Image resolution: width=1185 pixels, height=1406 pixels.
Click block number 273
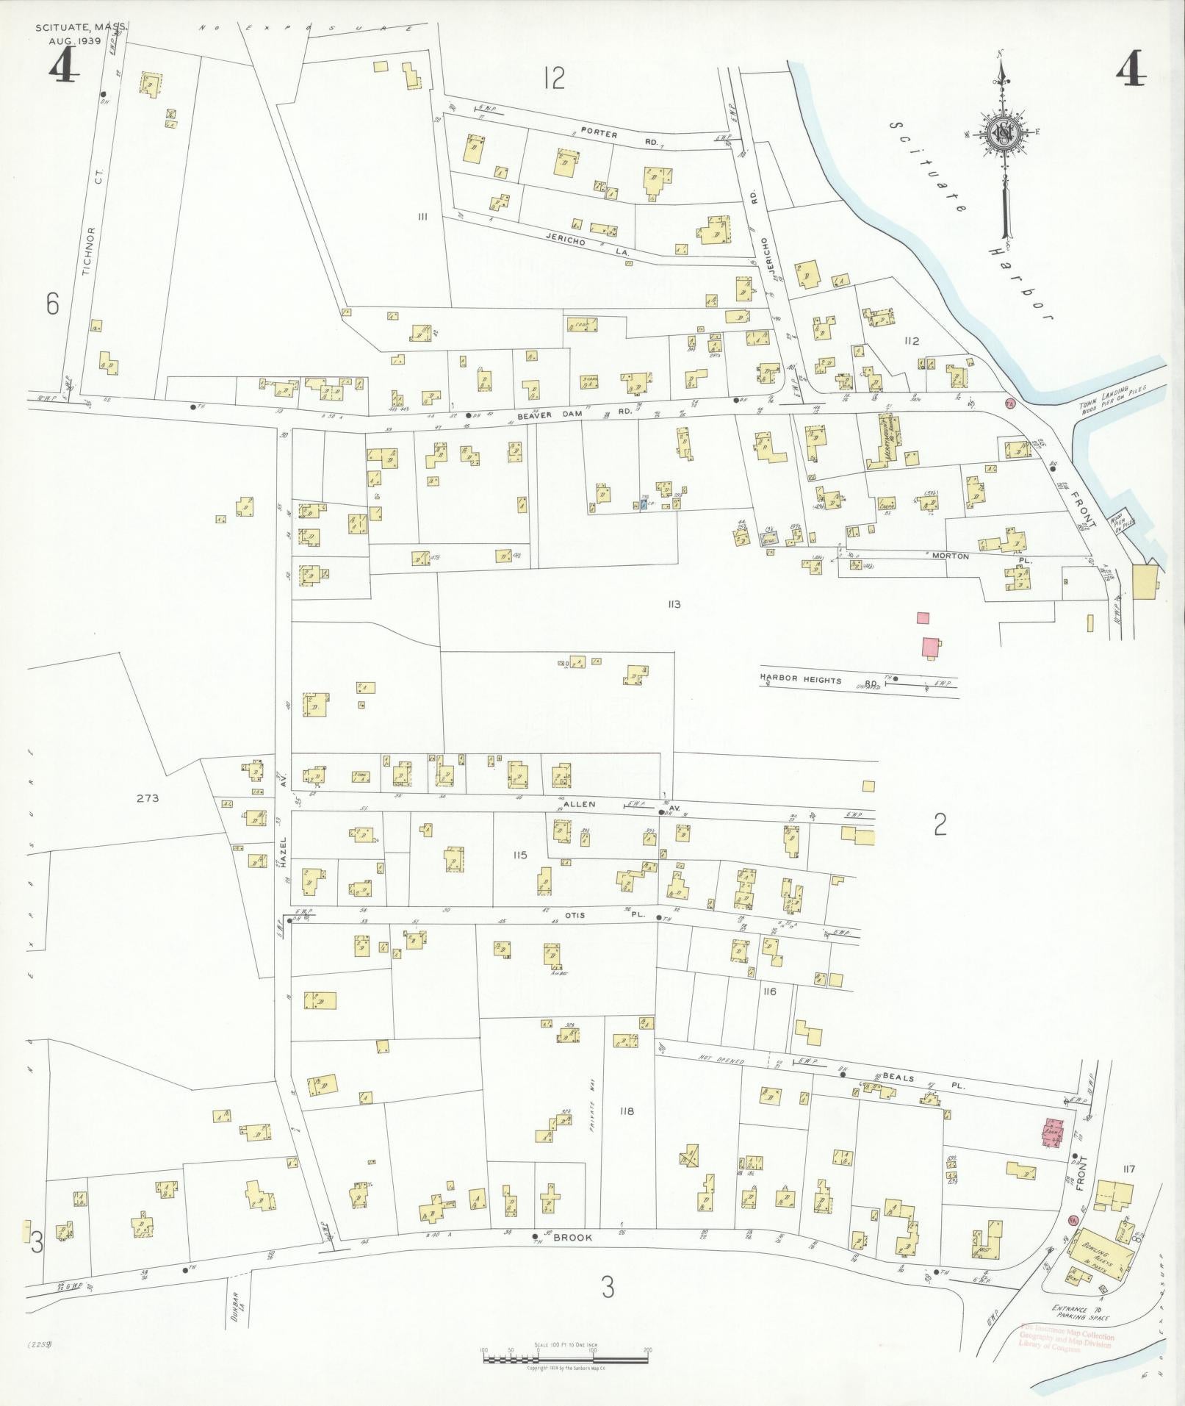pos(147,797)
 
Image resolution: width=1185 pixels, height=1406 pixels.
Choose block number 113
pos(674,604)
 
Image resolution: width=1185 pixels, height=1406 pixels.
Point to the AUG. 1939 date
pos(80,41)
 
